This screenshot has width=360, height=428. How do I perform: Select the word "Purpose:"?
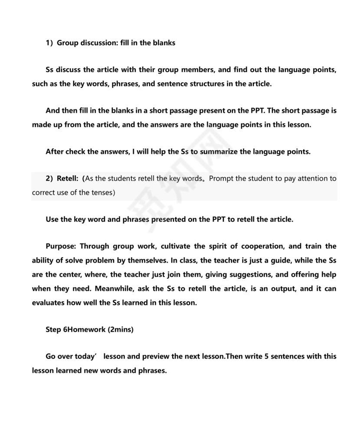tap(61, 246)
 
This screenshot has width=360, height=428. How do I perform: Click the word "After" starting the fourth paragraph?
tap(55, 151)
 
